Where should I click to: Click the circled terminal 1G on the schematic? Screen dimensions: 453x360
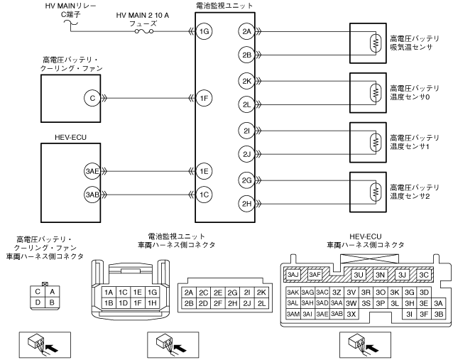tap(204, 31)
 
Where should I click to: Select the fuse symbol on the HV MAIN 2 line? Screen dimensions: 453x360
tap(144, 31)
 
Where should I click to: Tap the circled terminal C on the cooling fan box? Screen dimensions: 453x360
tap(92, 98)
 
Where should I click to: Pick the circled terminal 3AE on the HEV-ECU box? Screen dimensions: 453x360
tap(92, 171)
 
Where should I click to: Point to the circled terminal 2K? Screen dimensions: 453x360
tap(246, 81)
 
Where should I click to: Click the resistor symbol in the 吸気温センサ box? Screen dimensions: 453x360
tap(376, 43)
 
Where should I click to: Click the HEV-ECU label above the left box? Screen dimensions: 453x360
tap(70, 137)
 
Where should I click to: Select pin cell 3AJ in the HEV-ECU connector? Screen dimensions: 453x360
tap(293, 274)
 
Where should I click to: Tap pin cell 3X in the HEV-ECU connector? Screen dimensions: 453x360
tap(351, 314)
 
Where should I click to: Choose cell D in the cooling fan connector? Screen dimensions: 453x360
tap(38, 302)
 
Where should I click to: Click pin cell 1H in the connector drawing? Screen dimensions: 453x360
tap(152, 303)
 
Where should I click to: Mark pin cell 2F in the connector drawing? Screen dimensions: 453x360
tap(218, 303)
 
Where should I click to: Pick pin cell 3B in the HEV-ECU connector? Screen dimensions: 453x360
tap(439, 314)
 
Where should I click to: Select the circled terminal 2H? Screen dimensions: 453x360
tap(246, 204)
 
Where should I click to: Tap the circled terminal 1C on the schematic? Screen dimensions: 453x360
tap(204, 195)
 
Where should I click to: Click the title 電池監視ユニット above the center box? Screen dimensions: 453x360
tap(224, 6)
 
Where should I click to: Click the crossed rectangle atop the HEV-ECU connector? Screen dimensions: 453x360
tap(369, 258)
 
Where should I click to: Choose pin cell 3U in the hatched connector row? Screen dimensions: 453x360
tap(359, 275)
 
